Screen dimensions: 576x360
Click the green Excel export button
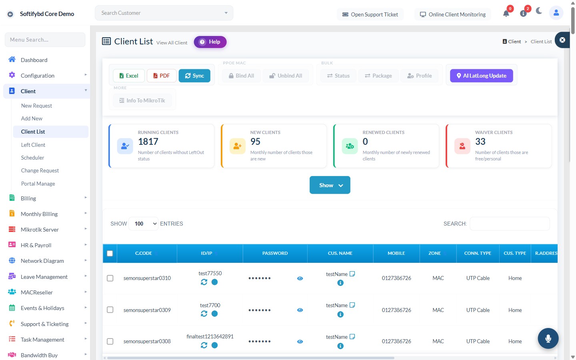point(129,76)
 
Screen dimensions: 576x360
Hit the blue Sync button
point(194,76)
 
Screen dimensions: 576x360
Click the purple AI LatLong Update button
point(481,76)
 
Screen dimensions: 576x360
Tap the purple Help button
point(210,42)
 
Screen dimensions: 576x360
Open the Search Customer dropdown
point(164,13)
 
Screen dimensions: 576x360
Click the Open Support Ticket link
point(370,14)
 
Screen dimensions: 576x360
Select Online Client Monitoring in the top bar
point(452,14)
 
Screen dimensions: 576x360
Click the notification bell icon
point(506,13)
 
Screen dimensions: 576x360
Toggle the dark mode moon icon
point(539,11)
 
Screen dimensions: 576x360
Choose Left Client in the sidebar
point(33,145)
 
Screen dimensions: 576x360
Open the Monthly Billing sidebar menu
point(39,214)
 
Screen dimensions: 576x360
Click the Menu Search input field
point(45,40)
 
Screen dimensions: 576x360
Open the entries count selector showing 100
point(143,224)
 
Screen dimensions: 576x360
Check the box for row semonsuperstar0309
point(110,310)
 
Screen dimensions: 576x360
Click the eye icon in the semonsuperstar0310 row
point(300,278)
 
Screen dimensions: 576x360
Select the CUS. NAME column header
point(340,253)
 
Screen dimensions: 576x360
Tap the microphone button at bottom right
point(548,338)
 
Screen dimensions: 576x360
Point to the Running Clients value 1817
point(148,142)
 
